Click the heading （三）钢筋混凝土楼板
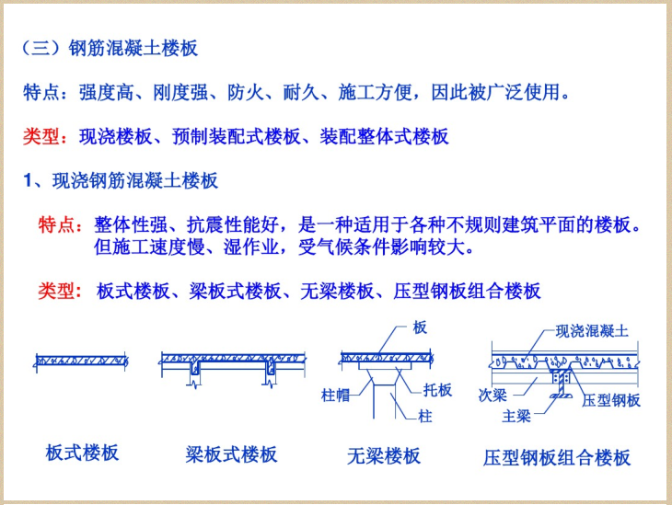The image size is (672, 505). pos(110,49)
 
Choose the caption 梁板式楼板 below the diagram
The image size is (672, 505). pos(231,454)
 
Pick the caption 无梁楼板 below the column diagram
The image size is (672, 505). pos(384,455)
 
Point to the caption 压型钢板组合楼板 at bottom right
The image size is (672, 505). pos(557,457)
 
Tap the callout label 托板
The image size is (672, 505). pos(437,390)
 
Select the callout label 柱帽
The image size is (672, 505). pos(336,396)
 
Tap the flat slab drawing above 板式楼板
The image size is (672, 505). pos(81,358)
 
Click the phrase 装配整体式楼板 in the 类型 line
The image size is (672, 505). pos(385,137)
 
